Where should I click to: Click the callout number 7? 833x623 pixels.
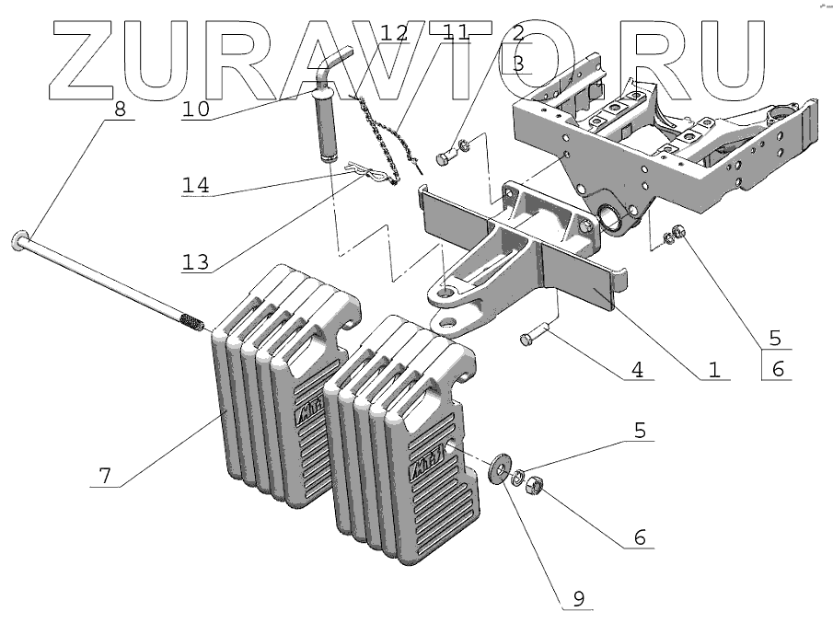105,475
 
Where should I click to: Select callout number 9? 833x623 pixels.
578,597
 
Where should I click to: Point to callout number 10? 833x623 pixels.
195,108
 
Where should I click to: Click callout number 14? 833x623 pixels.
195,184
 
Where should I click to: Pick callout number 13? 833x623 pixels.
195,260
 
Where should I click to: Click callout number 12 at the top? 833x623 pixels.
394,33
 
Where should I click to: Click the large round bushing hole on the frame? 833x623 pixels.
613,218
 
